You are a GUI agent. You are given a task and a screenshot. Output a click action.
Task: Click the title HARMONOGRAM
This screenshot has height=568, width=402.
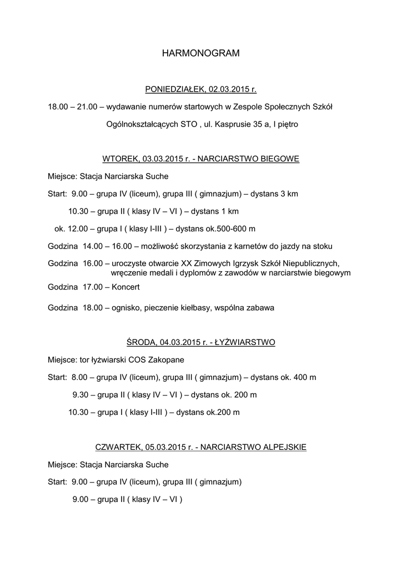click(200, 54)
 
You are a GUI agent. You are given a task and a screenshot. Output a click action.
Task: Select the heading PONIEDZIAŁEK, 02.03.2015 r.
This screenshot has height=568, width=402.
click(200, 89)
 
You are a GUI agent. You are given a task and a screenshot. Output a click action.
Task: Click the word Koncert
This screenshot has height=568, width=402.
click(125, 287)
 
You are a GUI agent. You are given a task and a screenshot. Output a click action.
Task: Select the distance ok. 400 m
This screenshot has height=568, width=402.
click(298, 377)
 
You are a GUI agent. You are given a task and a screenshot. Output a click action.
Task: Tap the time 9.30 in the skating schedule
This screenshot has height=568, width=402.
click(81, 395)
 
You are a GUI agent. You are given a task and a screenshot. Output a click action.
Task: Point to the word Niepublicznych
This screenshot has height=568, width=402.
click(312, 263)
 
